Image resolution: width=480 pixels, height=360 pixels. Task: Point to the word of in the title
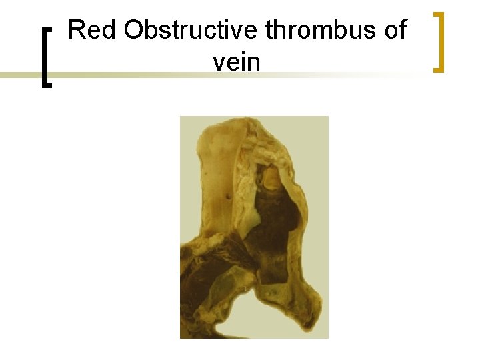[x=393, y=31]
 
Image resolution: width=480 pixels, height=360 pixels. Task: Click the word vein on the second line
[x=237, y=63]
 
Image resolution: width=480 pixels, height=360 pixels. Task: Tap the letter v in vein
[x=218, y=63]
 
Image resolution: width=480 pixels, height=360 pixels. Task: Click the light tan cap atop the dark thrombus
[x=272, y=176]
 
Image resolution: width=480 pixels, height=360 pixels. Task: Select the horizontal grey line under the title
[x=133, y=75]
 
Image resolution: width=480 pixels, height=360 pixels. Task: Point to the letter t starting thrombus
[x=269, y=31]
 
